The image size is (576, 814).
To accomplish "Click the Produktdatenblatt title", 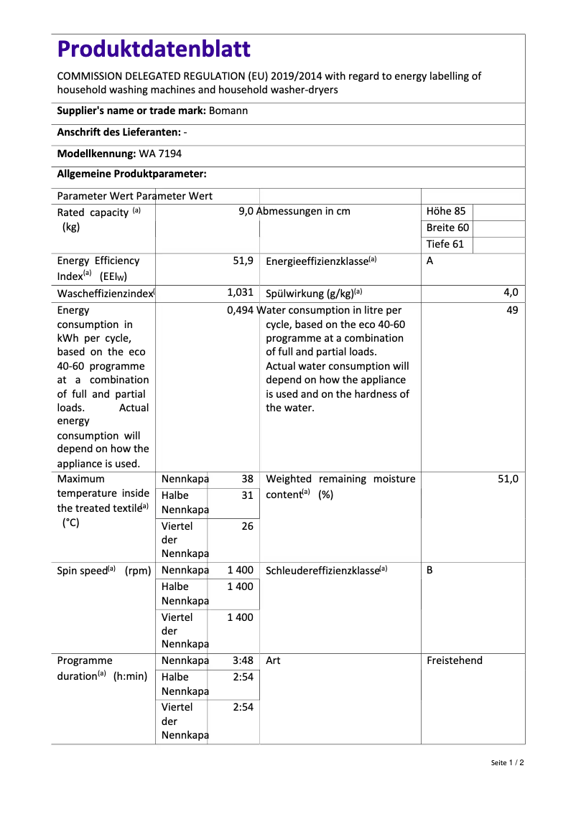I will pyautogui.click(x=154, y=49).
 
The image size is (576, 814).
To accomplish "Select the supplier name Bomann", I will pyautogui.click(x=228, y=111).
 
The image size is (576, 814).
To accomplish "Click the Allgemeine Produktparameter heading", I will pyautogui.click(x=131, y=174).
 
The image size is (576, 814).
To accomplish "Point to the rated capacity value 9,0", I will pyautogui.click(x=246, y=212).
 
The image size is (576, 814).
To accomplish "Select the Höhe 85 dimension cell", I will pyautogui.click(x=446, y=212).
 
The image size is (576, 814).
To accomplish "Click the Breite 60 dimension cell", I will pyautogui.click(x=447, y=228).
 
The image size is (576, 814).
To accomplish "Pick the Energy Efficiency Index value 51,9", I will pyautogui.click(x=243, y=261).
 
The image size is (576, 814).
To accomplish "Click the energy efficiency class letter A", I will pyautogui.click(x=429, y=261).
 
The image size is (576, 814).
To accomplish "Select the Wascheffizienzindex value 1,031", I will pyautogui.click(x=240, y=293).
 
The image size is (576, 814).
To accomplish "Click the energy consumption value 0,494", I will pyautogui.click(x=241, y=311).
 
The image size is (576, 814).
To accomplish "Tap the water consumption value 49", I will pyautogui.click(x=511, y=311).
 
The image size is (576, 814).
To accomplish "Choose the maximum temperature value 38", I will pyautogui.click(x=247, y=479).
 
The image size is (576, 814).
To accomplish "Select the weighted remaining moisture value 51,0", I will pyautogui.click(x=508, y=479).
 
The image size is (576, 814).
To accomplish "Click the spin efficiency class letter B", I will pyautogui.click(x=429, y=570).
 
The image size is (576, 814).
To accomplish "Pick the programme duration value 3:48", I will pyautogui.click(x=243, y=660).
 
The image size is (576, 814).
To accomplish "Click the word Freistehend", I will pyautogui.click(x=454, y=660).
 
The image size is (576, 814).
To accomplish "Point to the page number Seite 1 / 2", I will pyautogui.click(x=507, y=763).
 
